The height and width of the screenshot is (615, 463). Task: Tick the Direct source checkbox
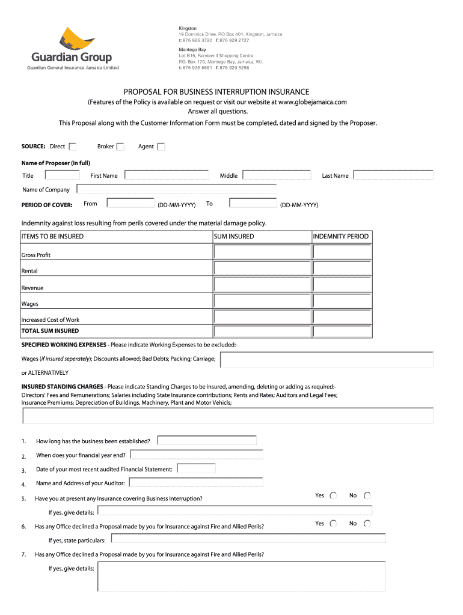pyautogui.click(x=73, y=147)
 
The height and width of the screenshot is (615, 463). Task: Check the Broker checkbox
pyautogui.click(x=120, y=147)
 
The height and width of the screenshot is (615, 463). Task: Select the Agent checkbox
pyautogui.click(x=161, y=147)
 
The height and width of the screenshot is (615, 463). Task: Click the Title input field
pyautogui.click(x=63, y=175)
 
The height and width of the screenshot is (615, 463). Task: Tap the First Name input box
pyautogui.click(x=167, y=175)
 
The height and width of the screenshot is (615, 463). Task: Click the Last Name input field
pyautogui.click(x=393, y=175)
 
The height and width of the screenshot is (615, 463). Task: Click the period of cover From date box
pyautogui.click(x=130, y=203)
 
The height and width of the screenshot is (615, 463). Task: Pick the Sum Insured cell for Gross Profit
pyautogui.click(x=262, y=252)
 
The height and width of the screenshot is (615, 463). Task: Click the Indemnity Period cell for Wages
pyautogui.click(x=342, y=300)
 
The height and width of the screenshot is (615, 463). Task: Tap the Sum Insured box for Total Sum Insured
pyautogui.click(x=262, y=331)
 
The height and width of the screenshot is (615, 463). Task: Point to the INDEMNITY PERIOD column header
pyautogui.click(x=341, y=237)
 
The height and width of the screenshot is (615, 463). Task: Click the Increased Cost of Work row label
pyautogui.click(x=51, y=320)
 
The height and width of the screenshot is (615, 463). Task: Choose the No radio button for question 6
pyautogui.click(x=367, y=524)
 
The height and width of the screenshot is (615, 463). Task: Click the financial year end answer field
pyautogui.click(x=197, y=455)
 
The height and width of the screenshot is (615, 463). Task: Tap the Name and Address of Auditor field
pyautogui.click(x=196, y=482)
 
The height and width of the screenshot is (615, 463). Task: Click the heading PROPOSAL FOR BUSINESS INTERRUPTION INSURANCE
pyautogui.click(x=216, y=92)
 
